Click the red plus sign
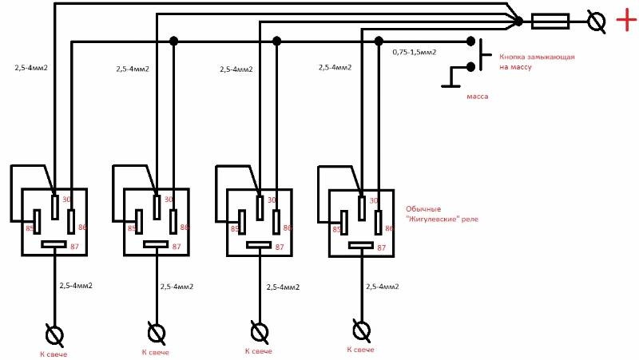click(626, 19)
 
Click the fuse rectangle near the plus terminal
click(550, 22)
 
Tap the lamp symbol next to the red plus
click(597, 22)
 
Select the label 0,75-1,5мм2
click(415, 52)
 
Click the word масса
click(477, 97)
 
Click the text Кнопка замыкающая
click(537, 57)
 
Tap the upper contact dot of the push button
click(470, 41)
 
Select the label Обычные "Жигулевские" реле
click(442, 214)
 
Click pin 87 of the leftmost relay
click(54, 244)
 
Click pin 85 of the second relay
click(139, 222)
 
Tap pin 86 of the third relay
click(276, 222)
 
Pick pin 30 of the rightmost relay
click(362, 208)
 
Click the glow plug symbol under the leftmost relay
click(54, 335)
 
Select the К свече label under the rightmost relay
click(361, 350)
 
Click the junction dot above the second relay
click(174, 41)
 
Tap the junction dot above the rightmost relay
click(379, 41)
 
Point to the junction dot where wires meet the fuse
click(518, 22)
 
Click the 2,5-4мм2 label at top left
click(31, 68)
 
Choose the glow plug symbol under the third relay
click(259, 332)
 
